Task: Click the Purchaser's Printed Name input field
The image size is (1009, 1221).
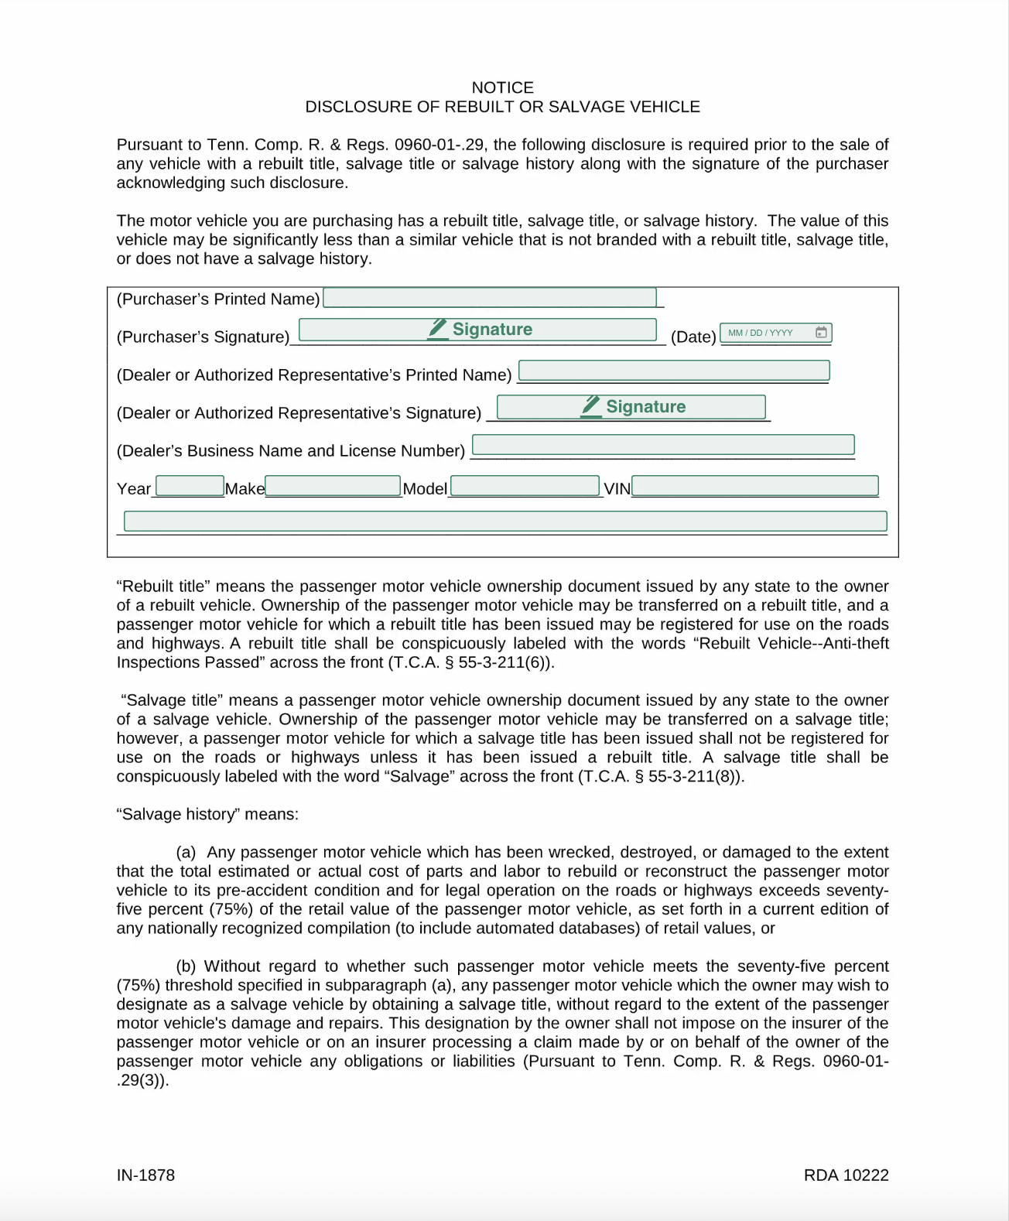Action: click(x=489, y=298)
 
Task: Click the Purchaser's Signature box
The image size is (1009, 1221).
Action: click(x=477, y=330)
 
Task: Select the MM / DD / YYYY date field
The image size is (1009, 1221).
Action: click(x=766, y=333)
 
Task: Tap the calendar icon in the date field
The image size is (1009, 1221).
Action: click(x=821, y=333)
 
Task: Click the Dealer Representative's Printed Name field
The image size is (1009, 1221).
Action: click(x=673, y=371)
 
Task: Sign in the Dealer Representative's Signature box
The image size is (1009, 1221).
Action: click(x=631, y=407)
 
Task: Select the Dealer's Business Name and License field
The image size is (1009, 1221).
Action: click(x=663, y=445)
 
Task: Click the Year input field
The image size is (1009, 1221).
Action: click(x=190, y=486)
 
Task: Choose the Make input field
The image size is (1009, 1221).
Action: click(x=333, y=486)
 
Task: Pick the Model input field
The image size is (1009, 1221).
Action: click(x=525, y=486)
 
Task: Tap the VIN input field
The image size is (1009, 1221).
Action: click(x=755, y=486)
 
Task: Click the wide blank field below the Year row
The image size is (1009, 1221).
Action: click(x=505, y=521)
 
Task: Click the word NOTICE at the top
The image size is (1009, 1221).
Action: click(x=503, y=87)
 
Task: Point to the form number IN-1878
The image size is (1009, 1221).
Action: click(x=145, y=1175)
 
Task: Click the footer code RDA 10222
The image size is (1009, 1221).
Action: click(x=846, y=1175)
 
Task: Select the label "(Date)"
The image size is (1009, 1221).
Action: click(x=693, y=337)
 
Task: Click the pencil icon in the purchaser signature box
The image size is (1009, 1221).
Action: click(x=438, y=329)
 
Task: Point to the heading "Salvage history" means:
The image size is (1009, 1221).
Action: click(x=207, y=814)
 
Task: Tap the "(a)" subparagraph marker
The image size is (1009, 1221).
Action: click(x=186, y=852)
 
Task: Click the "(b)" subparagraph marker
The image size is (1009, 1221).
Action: click(x=186, y=966)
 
